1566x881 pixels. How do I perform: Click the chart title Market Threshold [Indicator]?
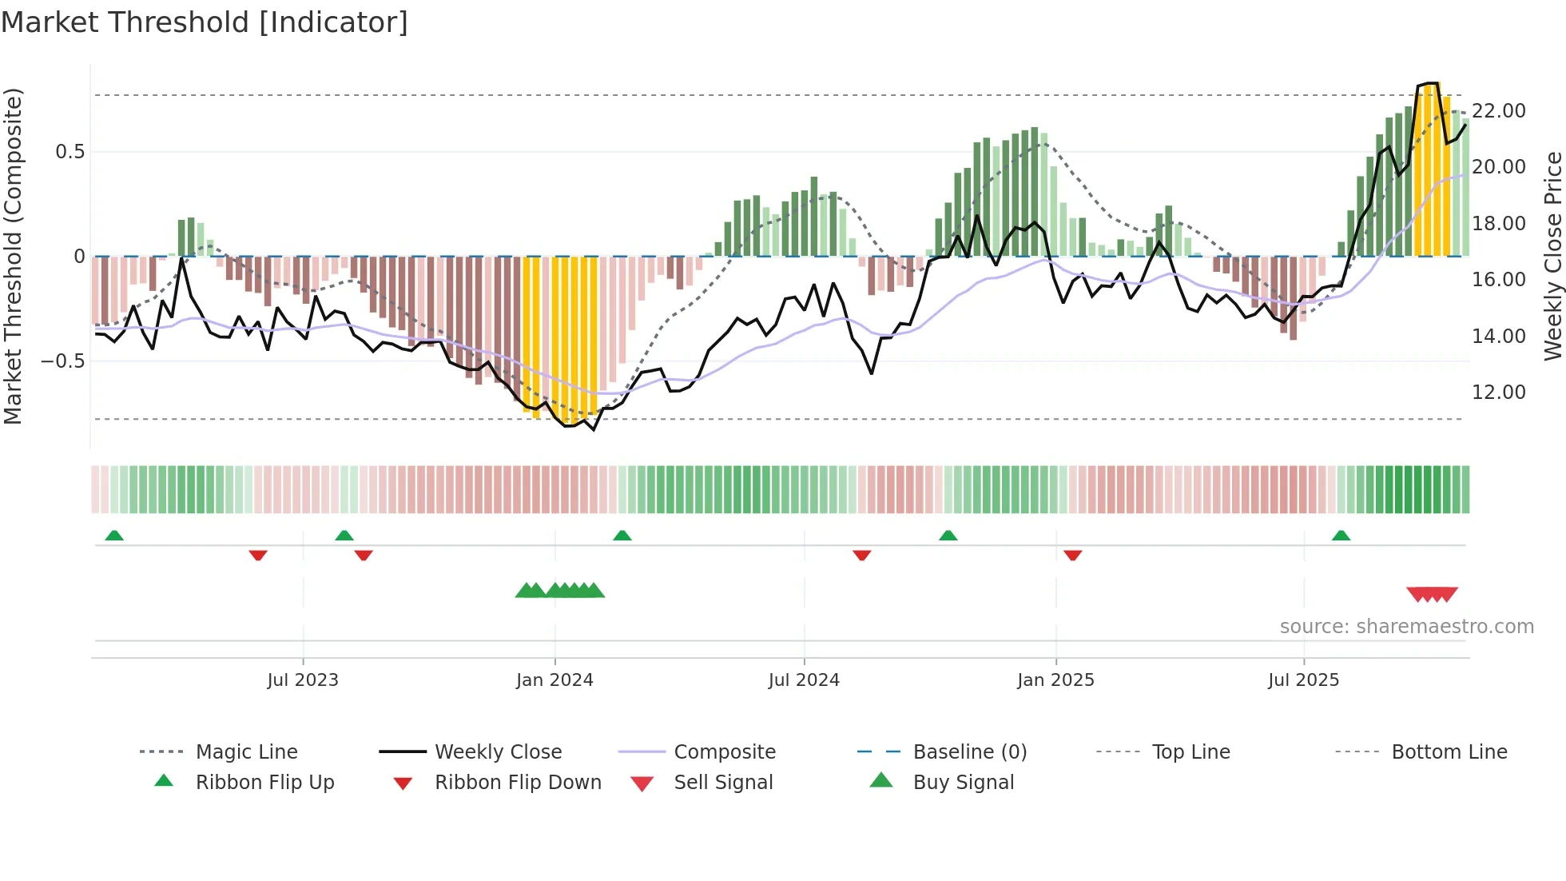pyautogui.click(x=205, y=22)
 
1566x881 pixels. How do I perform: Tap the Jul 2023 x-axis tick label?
pyautogui.click(x=303, y=680)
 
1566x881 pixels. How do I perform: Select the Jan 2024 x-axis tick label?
pyautogui.click(x=554, y=680)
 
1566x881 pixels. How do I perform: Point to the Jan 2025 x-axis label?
pyautogui.click(x=1055, y=680)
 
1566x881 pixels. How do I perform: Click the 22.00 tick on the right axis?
pyautogui.click(x=1498, y=111)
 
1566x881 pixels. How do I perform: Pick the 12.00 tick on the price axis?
pyautogui.click(x=1498, y=393)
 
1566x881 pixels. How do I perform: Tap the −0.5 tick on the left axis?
pyautogui.click(x=63, y=361)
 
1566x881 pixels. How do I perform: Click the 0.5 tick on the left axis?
pyautogui.click(x=70, y=152)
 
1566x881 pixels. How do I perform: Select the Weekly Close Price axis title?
pyautogui.click(x=1552, y=256)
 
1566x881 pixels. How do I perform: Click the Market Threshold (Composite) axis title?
pyautogui.click(x=13, y=256)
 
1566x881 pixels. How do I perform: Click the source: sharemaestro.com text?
pyautogui.click(x=1406, y=627)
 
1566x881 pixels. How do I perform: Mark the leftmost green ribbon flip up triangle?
pyautogui.click(x=114, y=535)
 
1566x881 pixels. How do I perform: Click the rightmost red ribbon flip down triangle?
pyautogui.click(x=1072, y=555)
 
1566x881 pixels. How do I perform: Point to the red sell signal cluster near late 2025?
pyautogui.click(x=1432, y=594)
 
